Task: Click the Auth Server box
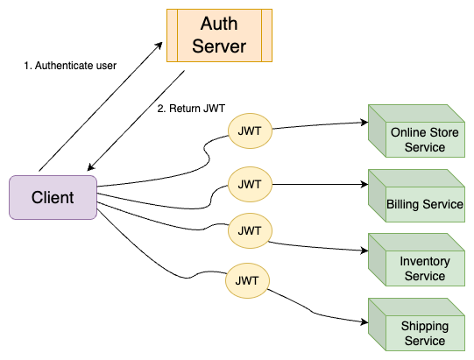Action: point(219,35)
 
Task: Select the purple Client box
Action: point(53,197)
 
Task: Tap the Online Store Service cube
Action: point(416,131)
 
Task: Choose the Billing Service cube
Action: point(416,196)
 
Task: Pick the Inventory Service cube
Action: point(416,259)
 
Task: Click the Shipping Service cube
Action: point(416,325)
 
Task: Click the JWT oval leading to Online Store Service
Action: point(250,131)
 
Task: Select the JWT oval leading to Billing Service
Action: point(250,185)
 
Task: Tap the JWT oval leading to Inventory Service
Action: point(250,231)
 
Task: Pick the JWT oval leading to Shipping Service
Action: point(247,281)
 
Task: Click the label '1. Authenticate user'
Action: point(70,66)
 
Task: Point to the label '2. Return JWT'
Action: point(191,109)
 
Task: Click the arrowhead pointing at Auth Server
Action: point(159,46)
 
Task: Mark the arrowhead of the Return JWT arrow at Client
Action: point(91,167)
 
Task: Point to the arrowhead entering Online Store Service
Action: point(364,123)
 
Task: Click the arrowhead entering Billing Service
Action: point(364,185)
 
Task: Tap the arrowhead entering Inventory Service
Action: point(364,251)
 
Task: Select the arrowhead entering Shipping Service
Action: point(364,322)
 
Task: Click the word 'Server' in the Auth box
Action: point(219,46)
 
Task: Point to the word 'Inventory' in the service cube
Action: point(425,262)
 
